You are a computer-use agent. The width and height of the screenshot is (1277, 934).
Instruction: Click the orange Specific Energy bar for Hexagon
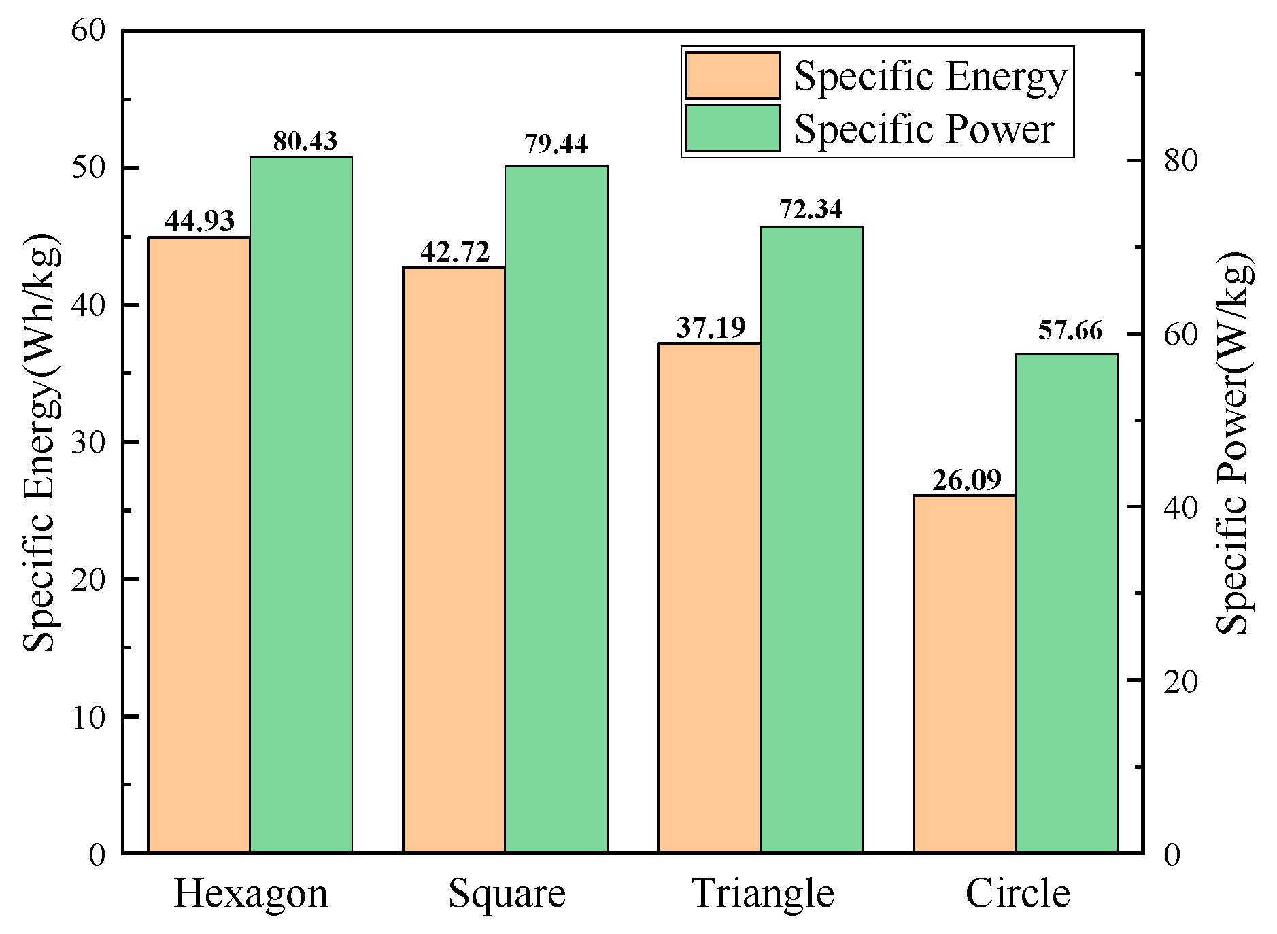(199, 544)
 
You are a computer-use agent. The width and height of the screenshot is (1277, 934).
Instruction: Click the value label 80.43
(305, 141)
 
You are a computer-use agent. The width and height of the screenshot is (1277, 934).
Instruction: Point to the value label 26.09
(966, 481)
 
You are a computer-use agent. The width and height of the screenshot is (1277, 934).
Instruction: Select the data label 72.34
(811, 209)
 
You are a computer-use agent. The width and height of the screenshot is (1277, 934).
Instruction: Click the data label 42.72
(454, 252)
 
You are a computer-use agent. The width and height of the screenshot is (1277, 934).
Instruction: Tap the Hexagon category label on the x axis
(251, 894)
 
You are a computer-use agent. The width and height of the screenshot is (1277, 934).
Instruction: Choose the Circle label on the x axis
(1017, 894)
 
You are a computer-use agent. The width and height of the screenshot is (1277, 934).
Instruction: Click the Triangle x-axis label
(763, 894)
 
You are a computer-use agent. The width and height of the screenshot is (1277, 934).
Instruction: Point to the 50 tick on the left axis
(88, 168)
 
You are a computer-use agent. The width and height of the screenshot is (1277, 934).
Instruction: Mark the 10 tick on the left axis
(88, 716)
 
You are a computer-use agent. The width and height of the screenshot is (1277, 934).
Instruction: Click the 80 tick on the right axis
(1180, 160)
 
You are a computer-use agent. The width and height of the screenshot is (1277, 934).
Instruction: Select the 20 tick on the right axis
(1180, 680)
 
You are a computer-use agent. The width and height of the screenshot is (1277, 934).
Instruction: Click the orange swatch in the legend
(732, 75)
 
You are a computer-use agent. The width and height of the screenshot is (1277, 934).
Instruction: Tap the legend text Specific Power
(923, 129)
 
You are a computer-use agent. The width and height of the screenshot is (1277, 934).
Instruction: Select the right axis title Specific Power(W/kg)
(1233, 442)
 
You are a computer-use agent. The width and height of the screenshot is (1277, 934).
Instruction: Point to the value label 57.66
(1070, 331)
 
